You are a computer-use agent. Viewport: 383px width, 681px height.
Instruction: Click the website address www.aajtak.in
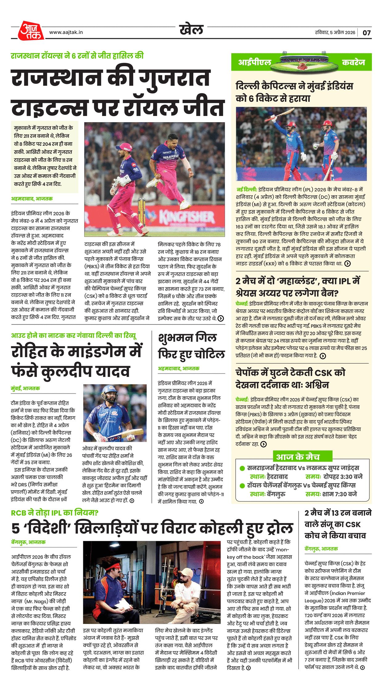66,32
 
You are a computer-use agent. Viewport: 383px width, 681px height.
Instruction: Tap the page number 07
366,33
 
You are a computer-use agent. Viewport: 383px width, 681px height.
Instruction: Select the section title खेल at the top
191,30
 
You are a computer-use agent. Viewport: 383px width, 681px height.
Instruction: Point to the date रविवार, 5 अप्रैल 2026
335,33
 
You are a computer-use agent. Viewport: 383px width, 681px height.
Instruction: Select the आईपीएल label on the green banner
254,62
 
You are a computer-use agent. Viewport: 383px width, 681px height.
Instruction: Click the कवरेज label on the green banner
353,62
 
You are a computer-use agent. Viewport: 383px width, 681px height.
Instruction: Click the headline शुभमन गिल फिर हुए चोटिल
191,346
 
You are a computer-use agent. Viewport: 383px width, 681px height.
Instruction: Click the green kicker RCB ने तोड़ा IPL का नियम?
55,513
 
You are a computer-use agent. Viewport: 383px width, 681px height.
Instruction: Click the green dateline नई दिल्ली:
246,189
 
